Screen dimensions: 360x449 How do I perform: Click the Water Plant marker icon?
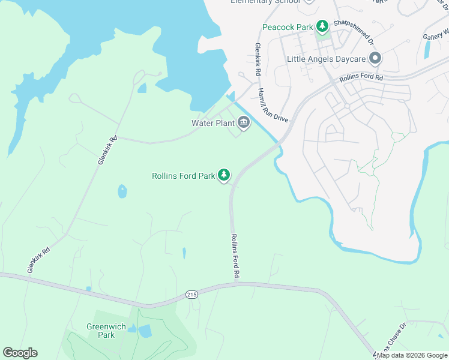tap(244, 123)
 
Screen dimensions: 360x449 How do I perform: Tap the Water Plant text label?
tap(213, 123)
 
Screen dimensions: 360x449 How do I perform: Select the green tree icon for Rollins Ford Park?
tap(224, 175)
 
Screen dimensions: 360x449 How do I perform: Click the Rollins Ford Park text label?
tap(183, 176)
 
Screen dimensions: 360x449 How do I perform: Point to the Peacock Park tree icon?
tap(323, 26)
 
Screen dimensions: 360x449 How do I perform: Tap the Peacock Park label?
tap(288, 26)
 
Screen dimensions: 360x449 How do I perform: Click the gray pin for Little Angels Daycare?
tap(375, 58)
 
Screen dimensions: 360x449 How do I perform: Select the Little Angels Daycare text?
tap(326, 59)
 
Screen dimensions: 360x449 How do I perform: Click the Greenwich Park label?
tap(100, 331)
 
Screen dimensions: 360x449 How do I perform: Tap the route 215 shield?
tap(191, 295)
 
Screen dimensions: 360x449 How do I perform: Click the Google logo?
tap(20, 353)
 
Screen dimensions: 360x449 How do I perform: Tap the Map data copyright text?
tap(412, 355)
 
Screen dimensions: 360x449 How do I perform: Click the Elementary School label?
tap(265, 2)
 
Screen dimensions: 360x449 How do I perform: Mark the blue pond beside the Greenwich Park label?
tap(145, 331)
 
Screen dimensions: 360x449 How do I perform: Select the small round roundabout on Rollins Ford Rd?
tap(347, 106)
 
